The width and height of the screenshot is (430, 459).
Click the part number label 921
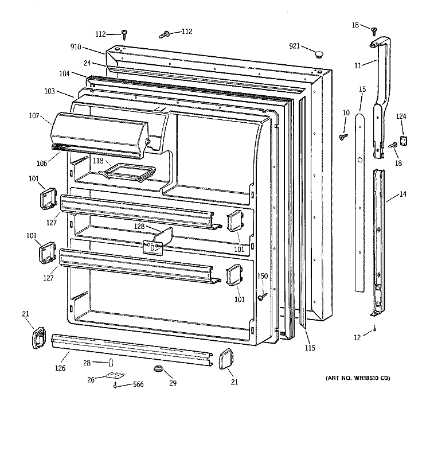coord(295,45)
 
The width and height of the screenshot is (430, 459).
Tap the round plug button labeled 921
coord(317,54)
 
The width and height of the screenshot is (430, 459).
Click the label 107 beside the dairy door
coord(33,116)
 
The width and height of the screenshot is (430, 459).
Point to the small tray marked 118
coord(135,170)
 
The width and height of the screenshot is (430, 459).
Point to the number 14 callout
coord(403,195)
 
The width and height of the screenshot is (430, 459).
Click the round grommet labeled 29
coord(157,369)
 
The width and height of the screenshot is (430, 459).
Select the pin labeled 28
coord(112,363)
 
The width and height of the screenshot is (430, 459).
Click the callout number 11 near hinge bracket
coord(358,66)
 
